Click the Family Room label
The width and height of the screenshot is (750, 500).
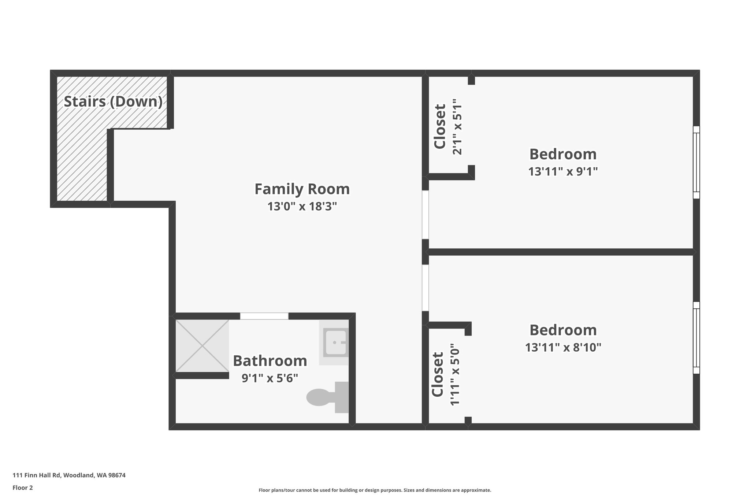[302, 189]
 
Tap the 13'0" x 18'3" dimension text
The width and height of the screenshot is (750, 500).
[302, 207]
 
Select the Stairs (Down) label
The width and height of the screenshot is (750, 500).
[113, 101]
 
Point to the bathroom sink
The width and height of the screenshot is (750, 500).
[335, 342]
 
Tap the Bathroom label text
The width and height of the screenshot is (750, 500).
[270, 361]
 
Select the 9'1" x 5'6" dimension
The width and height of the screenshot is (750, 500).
[270, 378]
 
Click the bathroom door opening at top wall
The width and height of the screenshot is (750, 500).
[264, 316]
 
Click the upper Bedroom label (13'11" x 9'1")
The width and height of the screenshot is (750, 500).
[563, 154]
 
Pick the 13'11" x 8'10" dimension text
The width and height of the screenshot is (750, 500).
[563, 347]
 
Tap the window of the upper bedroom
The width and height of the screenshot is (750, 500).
[696, 162]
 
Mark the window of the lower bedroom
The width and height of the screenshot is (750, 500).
[696, 338]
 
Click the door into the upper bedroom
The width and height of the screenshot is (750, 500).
[425, 215]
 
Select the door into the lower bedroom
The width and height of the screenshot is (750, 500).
[425, 288]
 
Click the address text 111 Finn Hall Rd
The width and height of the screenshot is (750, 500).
[69, 475]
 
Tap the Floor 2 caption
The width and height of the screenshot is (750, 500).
[23, 488]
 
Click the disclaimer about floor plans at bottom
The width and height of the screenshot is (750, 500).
[375, 490]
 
